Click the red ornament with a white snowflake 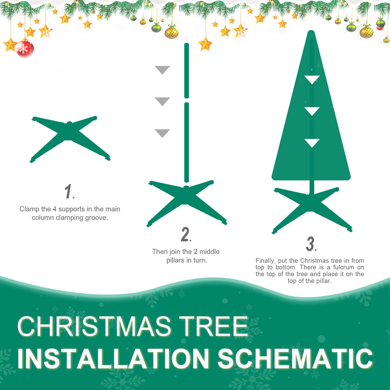point(25,49)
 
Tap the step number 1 point(68,192)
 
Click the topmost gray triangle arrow point(162,69)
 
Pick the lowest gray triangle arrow point(162,133)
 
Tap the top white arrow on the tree point(312,79)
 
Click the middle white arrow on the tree point(312,111)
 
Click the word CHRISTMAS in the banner point(94,326)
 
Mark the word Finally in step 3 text point(265,261)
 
